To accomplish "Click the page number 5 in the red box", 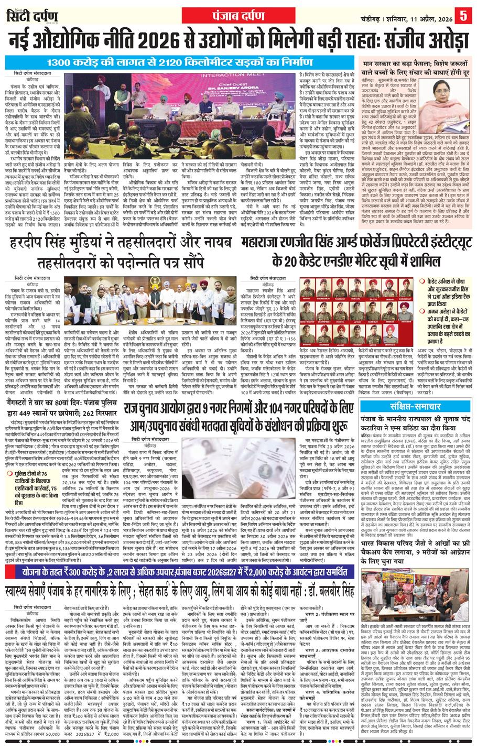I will pyautogui.click(x=464, y=15).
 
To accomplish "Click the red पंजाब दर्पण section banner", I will pyautogui.click(x=238, y=14).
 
